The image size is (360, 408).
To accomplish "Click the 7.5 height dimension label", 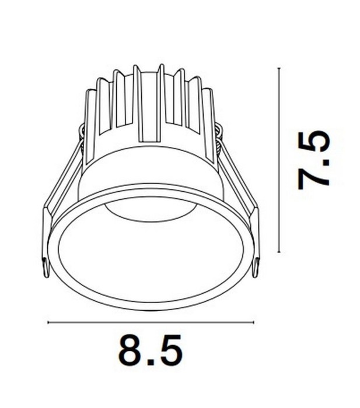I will pyautogui.click(x=313, y=160).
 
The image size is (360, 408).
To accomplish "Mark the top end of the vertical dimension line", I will pyautogui.click(x=280, y=68).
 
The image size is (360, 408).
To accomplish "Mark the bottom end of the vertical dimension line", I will pyautogui.click(x=280, y=252).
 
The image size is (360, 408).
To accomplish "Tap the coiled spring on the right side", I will pyautogui.click(x=219, y=140).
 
